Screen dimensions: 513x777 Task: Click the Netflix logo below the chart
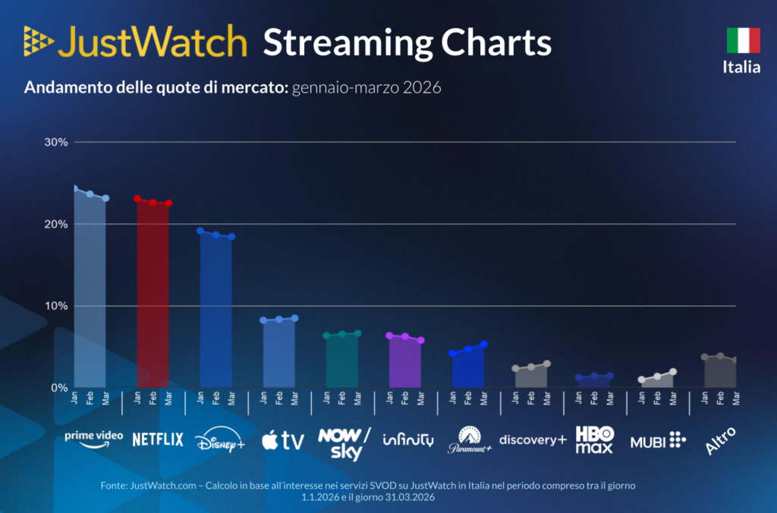[x=158, y=439]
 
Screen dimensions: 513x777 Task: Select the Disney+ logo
[x=220, y=440]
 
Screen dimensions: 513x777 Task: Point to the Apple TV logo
[x=282, y=440]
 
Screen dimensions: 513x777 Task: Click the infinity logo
[x=407, y=439]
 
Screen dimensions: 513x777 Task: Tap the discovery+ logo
[x=533, y=439]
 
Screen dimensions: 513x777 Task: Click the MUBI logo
[x=658, y=439]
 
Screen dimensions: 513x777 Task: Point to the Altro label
[x=720, y=441]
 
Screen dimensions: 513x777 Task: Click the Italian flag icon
[x=743, y=40]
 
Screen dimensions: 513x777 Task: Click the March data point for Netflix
[x=168, y=203]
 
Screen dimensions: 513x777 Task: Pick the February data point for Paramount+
[x=468, y=349]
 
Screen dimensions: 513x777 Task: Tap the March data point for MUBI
[x=673, y=372]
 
